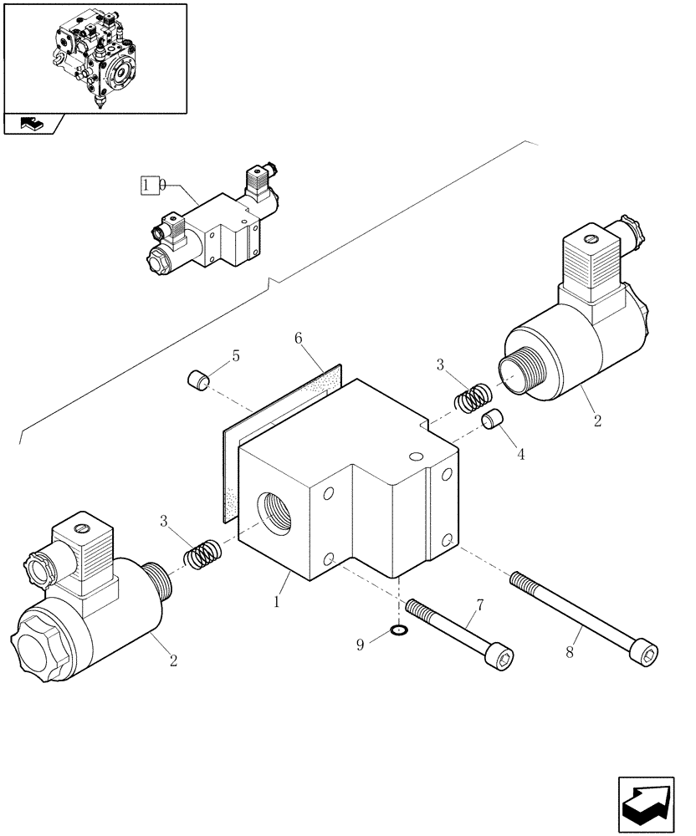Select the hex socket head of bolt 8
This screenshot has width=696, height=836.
click(x=645, y=650)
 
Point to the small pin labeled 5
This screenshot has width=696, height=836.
click(x=198, y=381)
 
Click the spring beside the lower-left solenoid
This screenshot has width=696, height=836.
click(x=202, y=553)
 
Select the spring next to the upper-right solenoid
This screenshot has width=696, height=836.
click(x=473, y=397)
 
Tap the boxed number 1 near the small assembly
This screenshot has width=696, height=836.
click(x=149, y=184)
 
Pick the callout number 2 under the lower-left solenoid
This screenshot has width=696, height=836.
click(x=174, y=662)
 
